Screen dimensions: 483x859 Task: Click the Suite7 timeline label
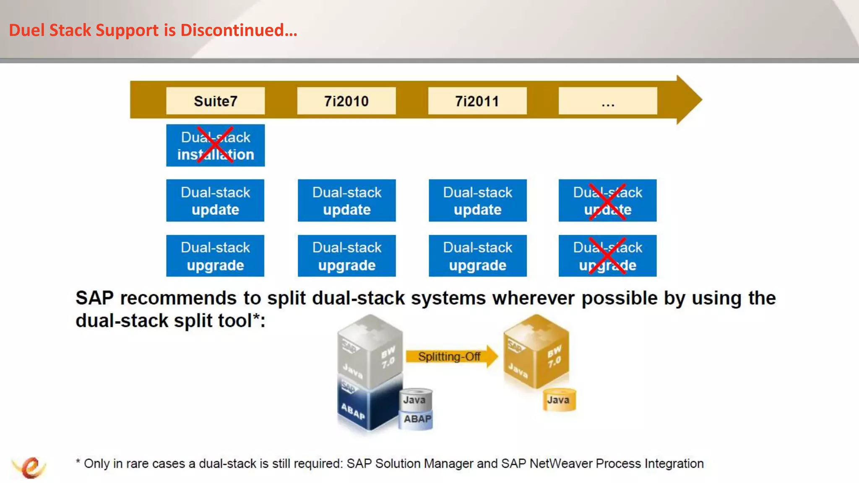pos(215,101)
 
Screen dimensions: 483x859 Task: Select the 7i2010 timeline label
pos(346,101)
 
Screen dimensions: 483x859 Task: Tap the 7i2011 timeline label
pos(477,101)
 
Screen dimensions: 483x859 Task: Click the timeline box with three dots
pos(608,101)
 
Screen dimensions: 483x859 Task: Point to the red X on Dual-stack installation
pos(215,145)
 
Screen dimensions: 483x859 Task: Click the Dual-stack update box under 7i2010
pos(346,200)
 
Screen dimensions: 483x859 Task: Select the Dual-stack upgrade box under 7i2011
pos(477,256)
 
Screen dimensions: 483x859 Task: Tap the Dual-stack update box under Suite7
pos(215,200)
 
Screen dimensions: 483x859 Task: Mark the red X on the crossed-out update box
pos(607,201)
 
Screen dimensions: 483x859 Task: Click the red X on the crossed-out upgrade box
pos(607,256)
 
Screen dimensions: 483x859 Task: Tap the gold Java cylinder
pos(559,400)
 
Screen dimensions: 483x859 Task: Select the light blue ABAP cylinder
pos(416,419)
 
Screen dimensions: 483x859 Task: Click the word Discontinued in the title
pos(238,30)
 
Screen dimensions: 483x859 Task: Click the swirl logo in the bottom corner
pos(29,467)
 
